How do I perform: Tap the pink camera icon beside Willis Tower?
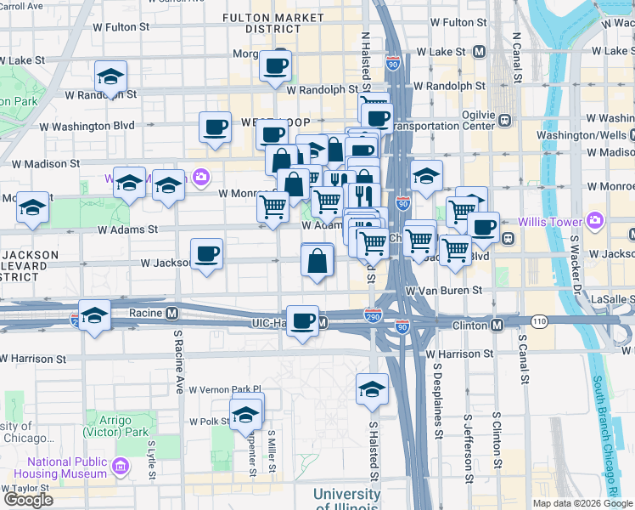click(594, 222)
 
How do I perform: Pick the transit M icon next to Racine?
click(171, 312)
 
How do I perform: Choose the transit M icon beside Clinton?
click(497, 325)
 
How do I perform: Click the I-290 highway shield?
click(374, 314)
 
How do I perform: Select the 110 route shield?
click(540, 321)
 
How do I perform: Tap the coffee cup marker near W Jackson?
click(207, 253)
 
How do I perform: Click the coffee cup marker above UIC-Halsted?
click(303, 320)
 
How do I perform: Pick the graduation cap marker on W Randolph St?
click(110, 77)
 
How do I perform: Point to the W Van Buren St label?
click(444, 291)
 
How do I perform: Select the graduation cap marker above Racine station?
click(95, 315)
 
